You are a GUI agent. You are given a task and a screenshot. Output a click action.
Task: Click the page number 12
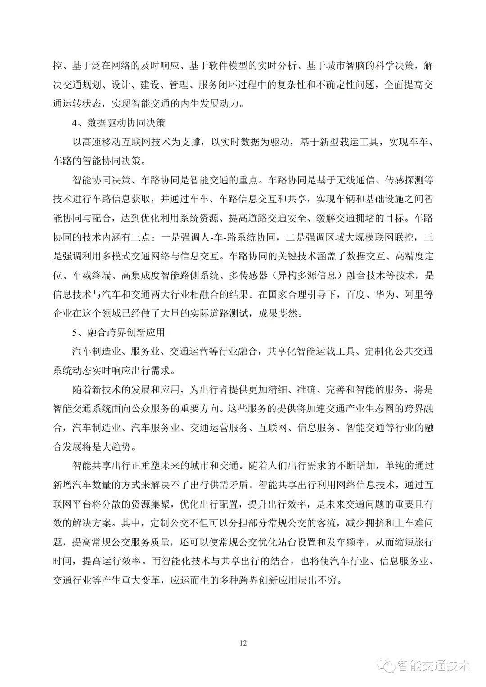243,642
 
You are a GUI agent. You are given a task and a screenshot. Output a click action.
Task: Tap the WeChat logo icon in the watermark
387,665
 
